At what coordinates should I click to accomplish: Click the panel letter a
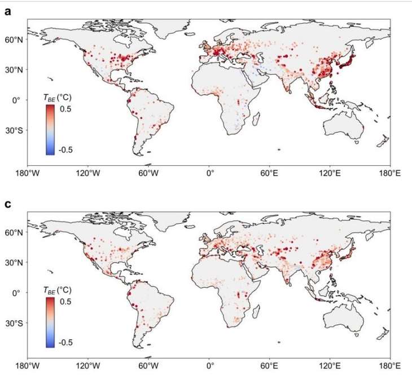click(8, 11)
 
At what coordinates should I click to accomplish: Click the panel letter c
click(8, 204)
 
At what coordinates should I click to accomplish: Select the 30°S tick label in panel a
click(14, 130)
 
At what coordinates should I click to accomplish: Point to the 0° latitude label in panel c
click(16, 293)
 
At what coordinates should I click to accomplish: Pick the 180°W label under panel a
click(28, 174)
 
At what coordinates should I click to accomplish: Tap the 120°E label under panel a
click(330, 174)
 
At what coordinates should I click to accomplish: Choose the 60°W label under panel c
click(148, 366)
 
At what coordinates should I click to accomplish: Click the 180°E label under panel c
click(390, 366)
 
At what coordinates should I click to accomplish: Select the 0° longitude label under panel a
click(209, 174)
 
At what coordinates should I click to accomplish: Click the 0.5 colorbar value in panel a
click(65, 109)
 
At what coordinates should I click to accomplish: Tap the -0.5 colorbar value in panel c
click(64, 343)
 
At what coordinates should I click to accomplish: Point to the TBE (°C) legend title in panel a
click(57, 98)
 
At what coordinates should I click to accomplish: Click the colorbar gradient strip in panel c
click(50, 322)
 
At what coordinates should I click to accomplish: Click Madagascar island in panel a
click(256, 118)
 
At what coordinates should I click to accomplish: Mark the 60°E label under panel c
click(270, 366)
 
